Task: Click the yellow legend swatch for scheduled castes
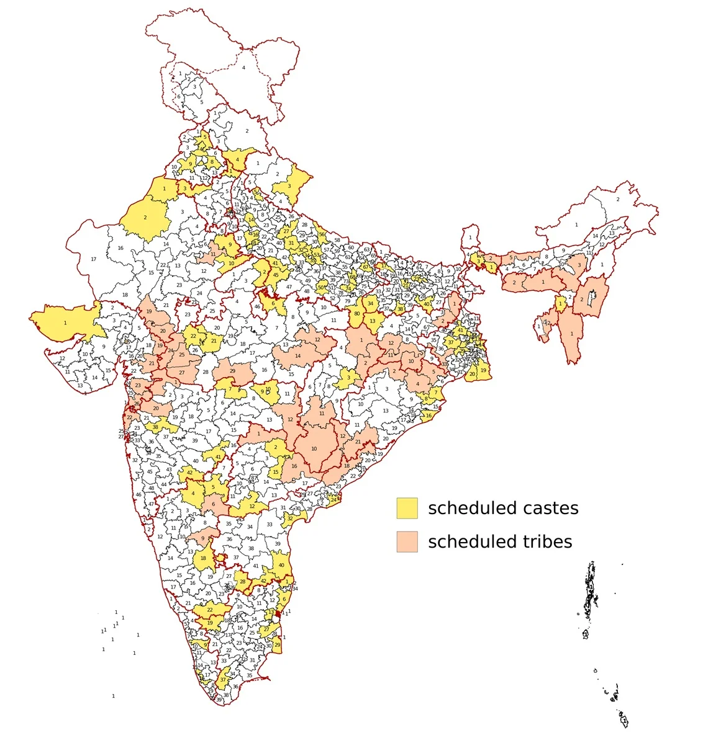pyautogui.click(x=407, y=508)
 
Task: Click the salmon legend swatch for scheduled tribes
pyautogui.click(x=407, y=541)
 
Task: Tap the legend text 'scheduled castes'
pyautogui.click(x=503, y=508)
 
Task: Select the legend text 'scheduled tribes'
pyautogui.click(x=500, y=541)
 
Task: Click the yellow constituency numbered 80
pyautogui.click(x=356, y=314)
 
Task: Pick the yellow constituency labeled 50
pyautogui.click(x=321, y=287)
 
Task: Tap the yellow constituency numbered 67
pyautogui.click(x=366, y=267)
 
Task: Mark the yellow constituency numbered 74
pyautogui.click(x=348, y=288)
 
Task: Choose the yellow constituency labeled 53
pyautogui.click(x=317, y=254)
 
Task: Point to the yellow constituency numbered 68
pyautogui.click(x=353, y=277)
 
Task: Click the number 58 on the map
pyautogui.click(x=337, y=240)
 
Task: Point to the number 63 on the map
pyautogui.click(x=366, y=250)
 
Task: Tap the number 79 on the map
pyautogui.click(x=348, y=301)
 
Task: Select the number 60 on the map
pyautogui.click(x=350, y=248)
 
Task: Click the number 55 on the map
pyautogui.click(x=345, y=267)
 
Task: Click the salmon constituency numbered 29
pyautogui.click(x=233, y=371)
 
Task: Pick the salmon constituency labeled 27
pyautogui.click(x=182, y=372)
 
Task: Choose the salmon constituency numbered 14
pyautogui.click(x=298, y=356)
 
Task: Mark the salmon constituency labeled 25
pyautogui.click(x=182, y=355)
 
